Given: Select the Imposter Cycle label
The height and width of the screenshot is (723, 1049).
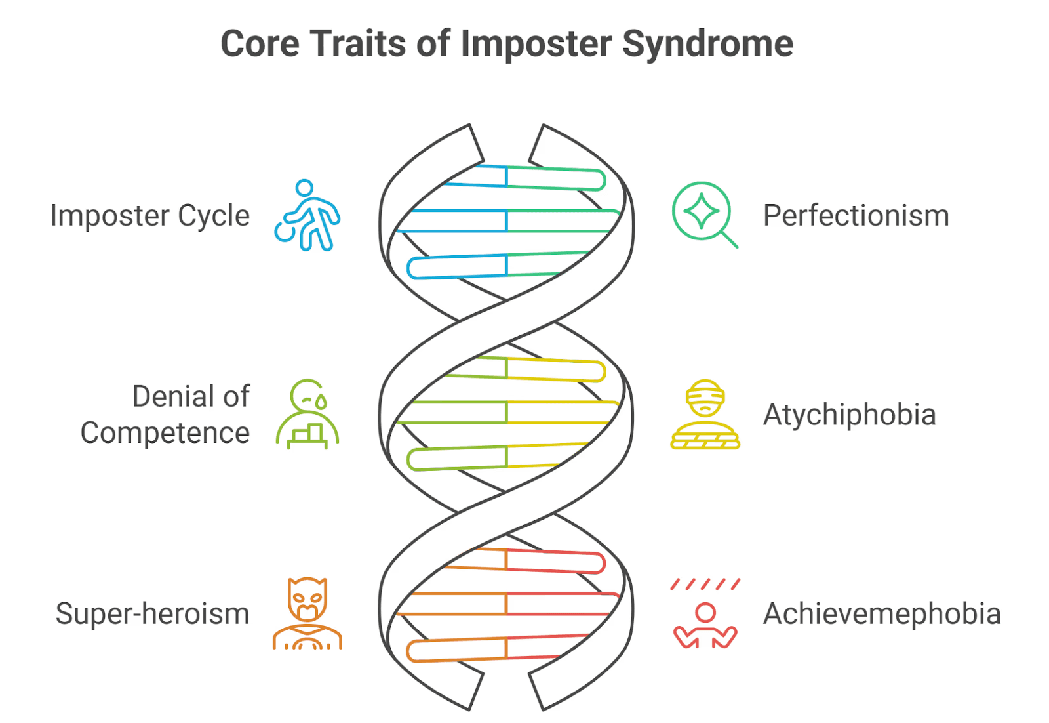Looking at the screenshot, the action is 150,216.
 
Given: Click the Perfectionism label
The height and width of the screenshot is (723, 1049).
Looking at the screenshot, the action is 856,216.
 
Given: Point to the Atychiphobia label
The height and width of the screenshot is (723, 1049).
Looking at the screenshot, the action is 849,415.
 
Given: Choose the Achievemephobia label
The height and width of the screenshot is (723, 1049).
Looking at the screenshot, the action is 882,614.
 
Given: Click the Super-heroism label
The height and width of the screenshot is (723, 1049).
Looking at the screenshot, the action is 152,614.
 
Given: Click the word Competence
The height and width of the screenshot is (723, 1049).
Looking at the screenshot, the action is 165,433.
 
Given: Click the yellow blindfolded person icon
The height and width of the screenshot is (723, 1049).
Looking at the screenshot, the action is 705,414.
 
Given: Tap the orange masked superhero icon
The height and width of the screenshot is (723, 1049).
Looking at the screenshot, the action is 307,613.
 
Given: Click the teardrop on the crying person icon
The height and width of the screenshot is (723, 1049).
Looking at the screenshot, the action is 321,402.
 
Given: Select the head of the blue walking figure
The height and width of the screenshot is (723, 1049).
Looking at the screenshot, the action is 304,188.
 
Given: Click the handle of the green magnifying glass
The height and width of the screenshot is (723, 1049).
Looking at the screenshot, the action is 729,239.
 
